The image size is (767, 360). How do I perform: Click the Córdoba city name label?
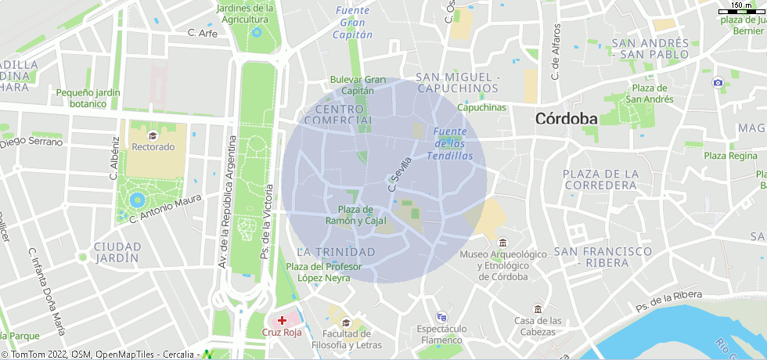[566, 119]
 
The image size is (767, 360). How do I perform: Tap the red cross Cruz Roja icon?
[283, 320]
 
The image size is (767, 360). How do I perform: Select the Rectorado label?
[153, 146]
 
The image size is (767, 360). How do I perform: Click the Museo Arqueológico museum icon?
[502, 241]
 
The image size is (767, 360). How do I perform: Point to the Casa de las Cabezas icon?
[538, 308]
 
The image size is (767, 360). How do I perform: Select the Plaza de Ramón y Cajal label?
[356, 215]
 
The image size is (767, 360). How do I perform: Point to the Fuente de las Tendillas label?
[450, 144]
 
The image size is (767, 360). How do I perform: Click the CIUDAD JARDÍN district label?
[117, 252]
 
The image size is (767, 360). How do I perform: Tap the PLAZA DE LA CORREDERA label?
[601, 179]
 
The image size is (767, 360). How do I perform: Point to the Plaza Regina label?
[731, 156]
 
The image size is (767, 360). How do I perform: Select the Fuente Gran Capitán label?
[352, 22]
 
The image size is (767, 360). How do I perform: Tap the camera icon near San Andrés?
[718, 82]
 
